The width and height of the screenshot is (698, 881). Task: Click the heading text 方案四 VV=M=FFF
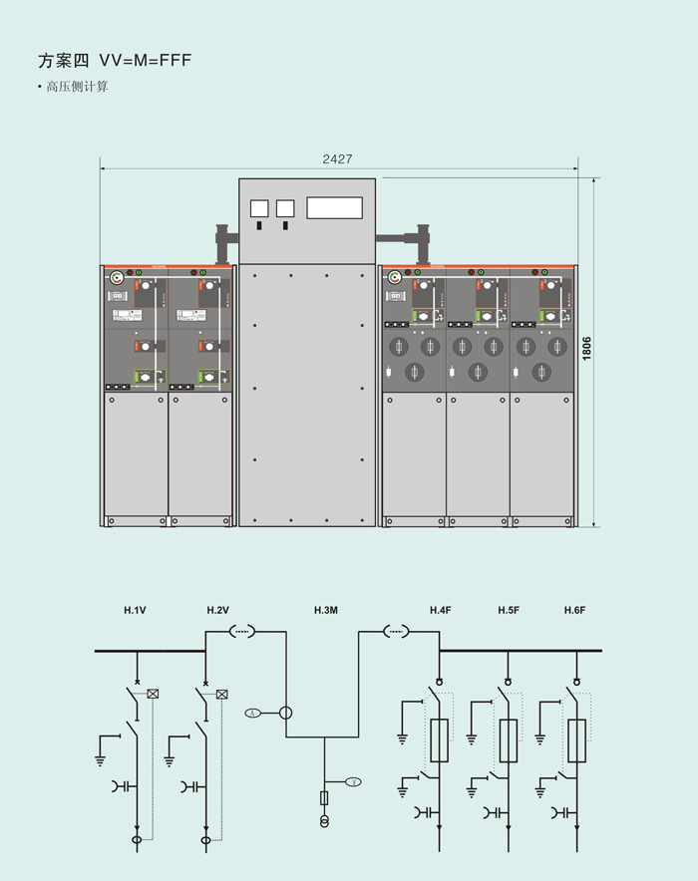click(x=114, y=61)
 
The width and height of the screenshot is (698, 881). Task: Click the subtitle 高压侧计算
click(x=76, y=88)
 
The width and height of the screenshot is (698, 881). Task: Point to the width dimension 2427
click(x=337, y=159)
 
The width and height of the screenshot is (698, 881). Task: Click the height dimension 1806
click(x=587, y=349)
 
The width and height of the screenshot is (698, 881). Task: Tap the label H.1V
click(x=135, y=610)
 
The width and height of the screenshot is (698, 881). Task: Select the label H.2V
click(x=218, y=610)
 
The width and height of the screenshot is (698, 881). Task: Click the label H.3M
click(x=326, y=610)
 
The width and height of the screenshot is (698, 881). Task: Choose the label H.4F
click(x=442, y=610)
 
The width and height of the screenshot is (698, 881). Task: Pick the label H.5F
click(x=509, y=610)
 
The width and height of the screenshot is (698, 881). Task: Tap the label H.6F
click(x=574, y=610)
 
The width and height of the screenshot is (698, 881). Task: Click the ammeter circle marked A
click(x=253, y=712)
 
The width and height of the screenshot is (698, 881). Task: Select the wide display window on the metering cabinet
click(x=334, y=207)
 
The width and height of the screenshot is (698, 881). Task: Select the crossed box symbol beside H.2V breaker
click(x=222, y=694)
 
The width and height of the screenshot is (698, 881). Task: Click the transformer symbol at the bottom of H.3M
click(x=324, y=822)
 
